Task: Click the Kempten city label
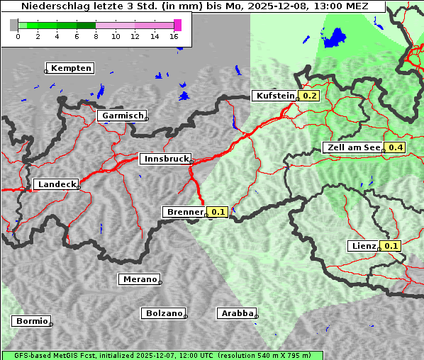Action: (x=71, y=68)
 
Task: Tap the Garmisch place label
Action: (x=123, y=116)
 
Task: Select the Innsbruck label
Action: (x=165, y=159)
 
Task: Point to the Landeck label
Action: (x=56, y=184)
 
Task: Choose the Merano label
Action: (x=139, y=279)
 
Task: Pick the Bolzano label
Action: (x=164, y=313)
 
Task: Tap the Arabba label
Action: (x=237, y=313)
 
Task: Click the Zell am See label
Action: (x=352, y=147)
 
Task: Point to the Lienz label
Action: (x=364, y=246)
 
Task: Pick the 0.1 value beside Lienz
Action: (x=391, y=246)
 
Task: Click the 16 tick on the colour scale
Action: (x=174, y=36)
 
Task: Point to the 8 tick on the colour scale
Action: (x=96, y=36)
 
